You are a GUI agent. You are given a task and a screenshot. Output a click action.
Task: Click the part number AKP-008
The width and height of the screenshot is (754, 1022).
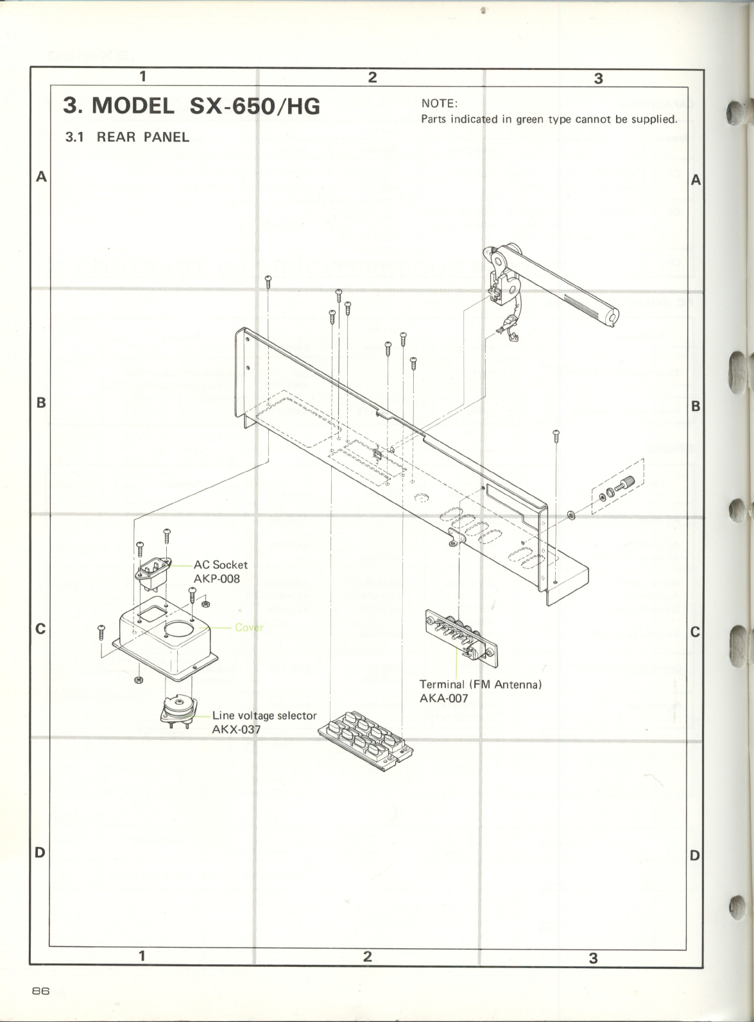[216, 578]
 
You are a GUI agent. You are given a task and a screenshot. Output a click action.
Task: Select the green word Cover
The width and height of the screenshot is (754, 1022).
[249, 627]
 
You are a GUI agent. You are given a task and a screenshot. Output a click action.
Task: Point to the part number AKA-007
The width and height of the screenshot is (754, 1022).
[443, 698]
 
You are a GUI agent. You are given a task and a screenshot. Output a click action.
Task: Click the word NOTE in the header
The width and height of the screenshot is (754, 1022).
[438, 104]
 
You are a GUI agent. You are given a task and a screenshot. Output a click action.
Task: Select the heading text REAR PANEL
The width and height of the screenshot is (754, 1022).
[143, 137]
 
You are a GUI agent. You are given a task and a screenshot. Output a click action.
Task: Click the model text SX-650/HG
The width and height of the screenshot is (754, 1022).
[255, 106]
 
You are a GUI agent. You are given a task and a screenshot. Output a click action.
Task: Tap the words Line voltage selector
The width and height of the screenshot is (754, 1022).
[264, 715]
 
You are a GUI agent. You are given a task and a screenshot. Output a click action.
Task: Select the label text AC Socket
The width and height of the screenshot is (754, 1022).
[220, 565]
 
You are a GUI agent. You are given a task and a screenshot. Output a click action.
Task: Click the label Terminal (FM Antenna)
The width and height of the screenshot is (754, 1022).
[481, 684]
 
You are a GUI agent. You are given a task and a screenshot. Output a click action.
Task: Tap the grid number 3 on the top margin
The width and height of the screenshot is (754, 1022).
[598, 78]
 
